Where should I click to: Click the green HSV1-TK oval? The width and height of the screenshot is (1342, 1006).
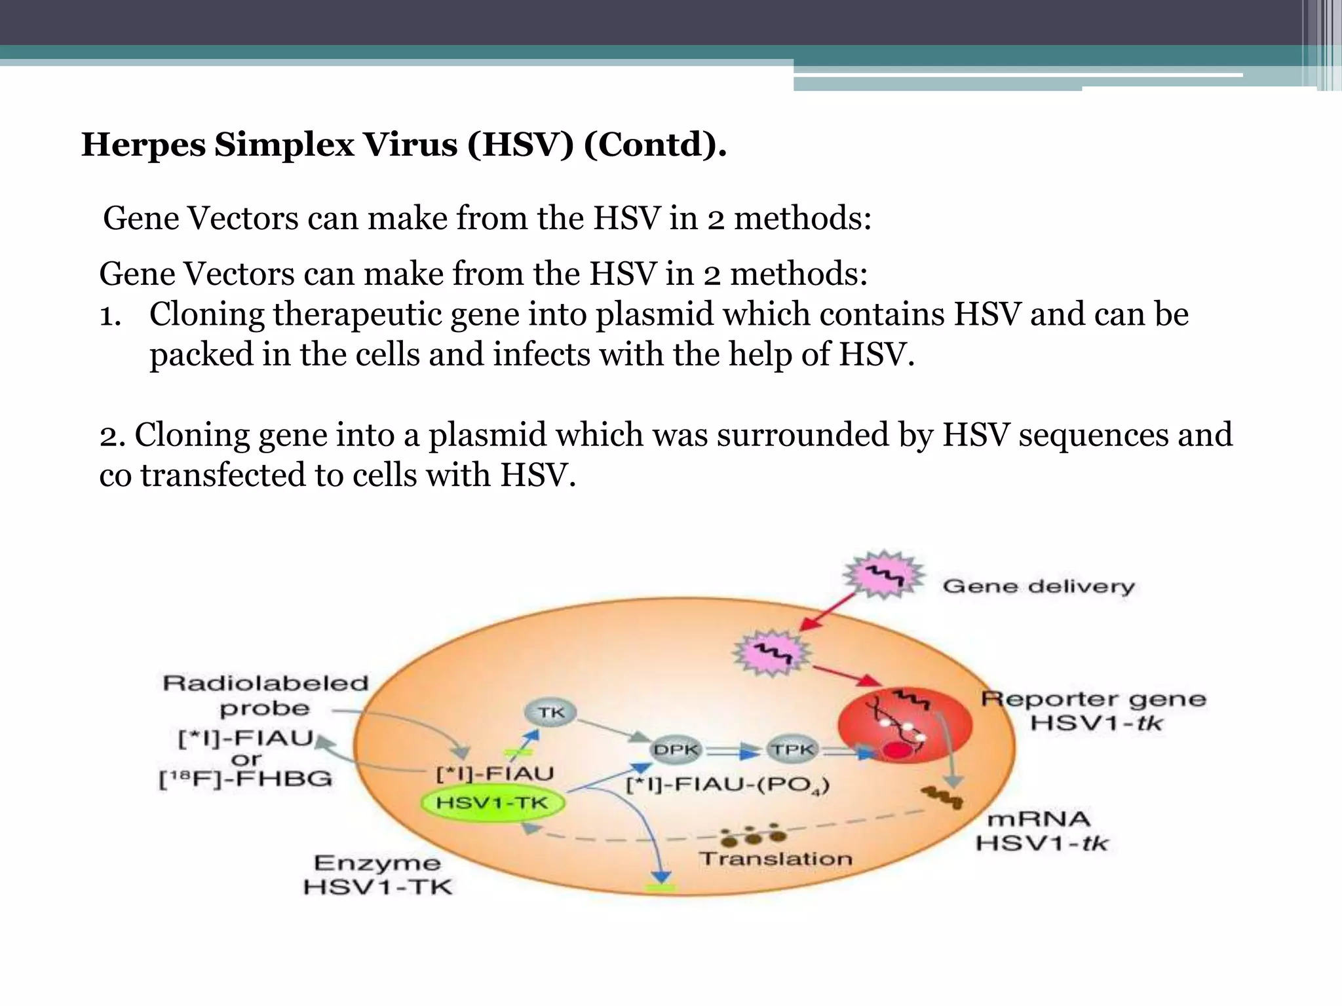click(492, 803)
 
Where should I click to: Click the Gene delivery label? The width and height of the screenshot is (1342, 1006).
click(1038, 586)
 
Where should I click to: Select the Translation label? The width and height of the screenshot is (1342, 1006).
click(775, 859)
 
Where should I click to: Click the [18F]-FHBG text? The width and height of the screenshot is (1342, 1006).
click(246, 779)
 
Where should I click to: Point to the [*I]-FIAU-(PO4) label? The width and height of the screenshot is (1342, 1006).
click(728, 785)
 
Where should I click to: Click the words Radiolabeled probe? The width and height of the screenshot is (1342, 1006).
click(265, 696)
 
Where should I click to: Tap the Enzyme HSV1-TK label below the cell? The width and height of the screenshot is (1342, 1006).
click(377, 875)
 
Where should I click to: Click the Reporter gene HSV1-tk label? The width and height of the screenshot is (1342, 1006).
click(1093, 711)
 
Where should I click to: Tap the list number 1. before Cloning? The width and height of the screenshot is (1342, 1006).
click(110, 316)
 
